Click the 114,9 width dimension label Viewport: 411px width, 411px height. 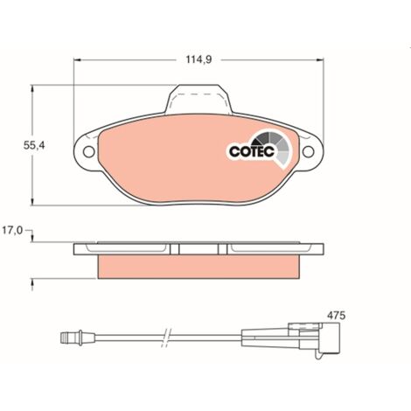(x=199, y=59)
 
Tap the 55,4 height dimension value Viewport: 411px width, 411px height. (x=34, y=145)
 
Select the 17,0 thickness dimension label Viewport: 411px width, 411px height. (x=12, y=231)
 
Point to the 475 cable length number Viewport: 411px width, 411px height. (x=336, y=316)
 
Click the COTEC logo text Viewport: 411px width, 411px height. (x=252, y=151)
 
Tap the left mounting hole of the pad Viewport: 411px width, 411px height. (x=89, y=151)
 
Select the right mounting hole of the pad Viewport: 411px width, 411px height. (x=308, y=151)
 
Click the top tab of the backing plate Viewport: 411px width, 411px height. (x=199, y=99)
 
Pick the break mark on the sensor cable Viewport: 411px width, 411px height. (x=166, y=338)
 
